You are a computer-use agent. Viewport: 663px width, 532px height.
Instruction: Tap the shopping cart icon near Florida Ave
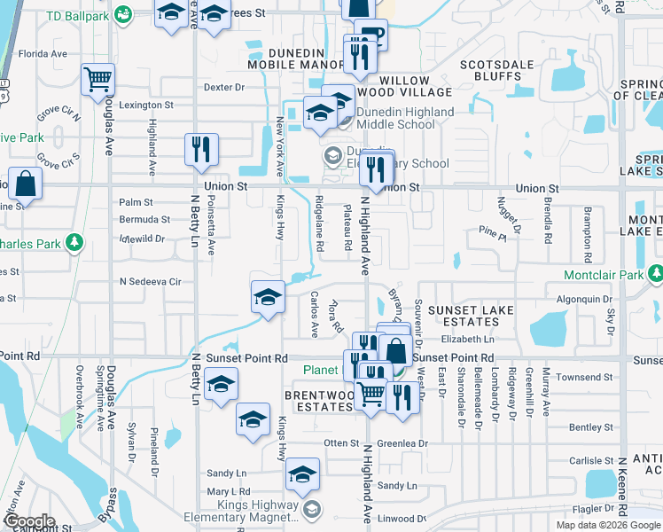click(x=98, y=79)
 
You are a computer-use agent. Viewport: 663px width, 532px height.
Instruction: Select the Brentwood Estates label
click(x=318, y=400)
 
